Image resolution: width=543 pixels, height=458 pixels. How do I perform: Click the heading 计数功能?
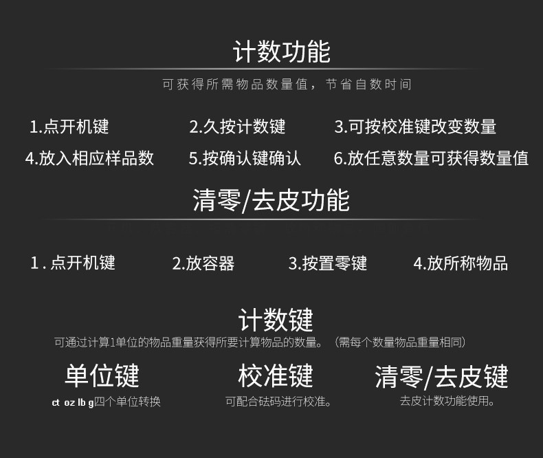tap(281, 52)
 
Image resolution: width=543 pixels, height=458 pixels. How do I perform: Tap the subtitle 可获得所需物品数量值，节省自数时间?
tap(287, 85)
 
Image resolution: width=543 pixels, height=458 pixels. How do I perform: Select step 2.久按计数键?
tap(237, 127)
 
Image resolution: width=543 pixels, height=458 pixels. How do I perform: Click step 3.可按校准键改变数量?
tap(415, 127)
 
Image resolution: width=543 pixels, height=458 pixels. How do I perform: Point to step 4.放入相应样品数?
tap(89, 158)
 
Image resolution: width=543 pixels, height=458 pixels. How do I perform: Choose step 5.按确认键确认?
tap(245, 158)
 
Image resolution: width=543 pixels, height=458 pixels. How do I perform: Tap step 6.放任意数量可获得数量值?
tap(431, 158)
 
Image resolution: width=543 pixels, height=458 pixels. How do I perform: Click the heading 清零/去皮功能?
tap(271, 200)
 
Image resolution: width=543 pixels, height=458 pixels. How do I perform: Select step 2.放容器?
tap(203, 263)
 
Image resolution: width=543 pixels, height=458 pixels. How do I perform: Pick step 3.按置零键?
tap(327, 263)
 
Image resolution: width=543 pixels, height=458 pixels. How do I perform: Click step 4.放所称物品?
tap(460, 263)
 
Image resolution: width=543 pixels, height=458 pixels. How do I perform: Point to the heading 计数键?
tap(276, 320)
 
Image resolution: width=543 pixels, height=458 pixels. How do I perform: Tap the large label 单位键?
tap(102, 375)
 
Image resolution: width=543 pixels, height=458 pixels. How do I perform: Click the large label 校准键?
tap(276, 375)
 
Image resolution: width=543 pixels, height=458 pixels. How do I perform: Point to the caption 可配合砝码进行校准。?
tap(278, 402)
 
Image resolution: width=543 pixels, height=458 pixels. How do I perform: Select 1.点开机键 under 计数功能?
tap(69, 127)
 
